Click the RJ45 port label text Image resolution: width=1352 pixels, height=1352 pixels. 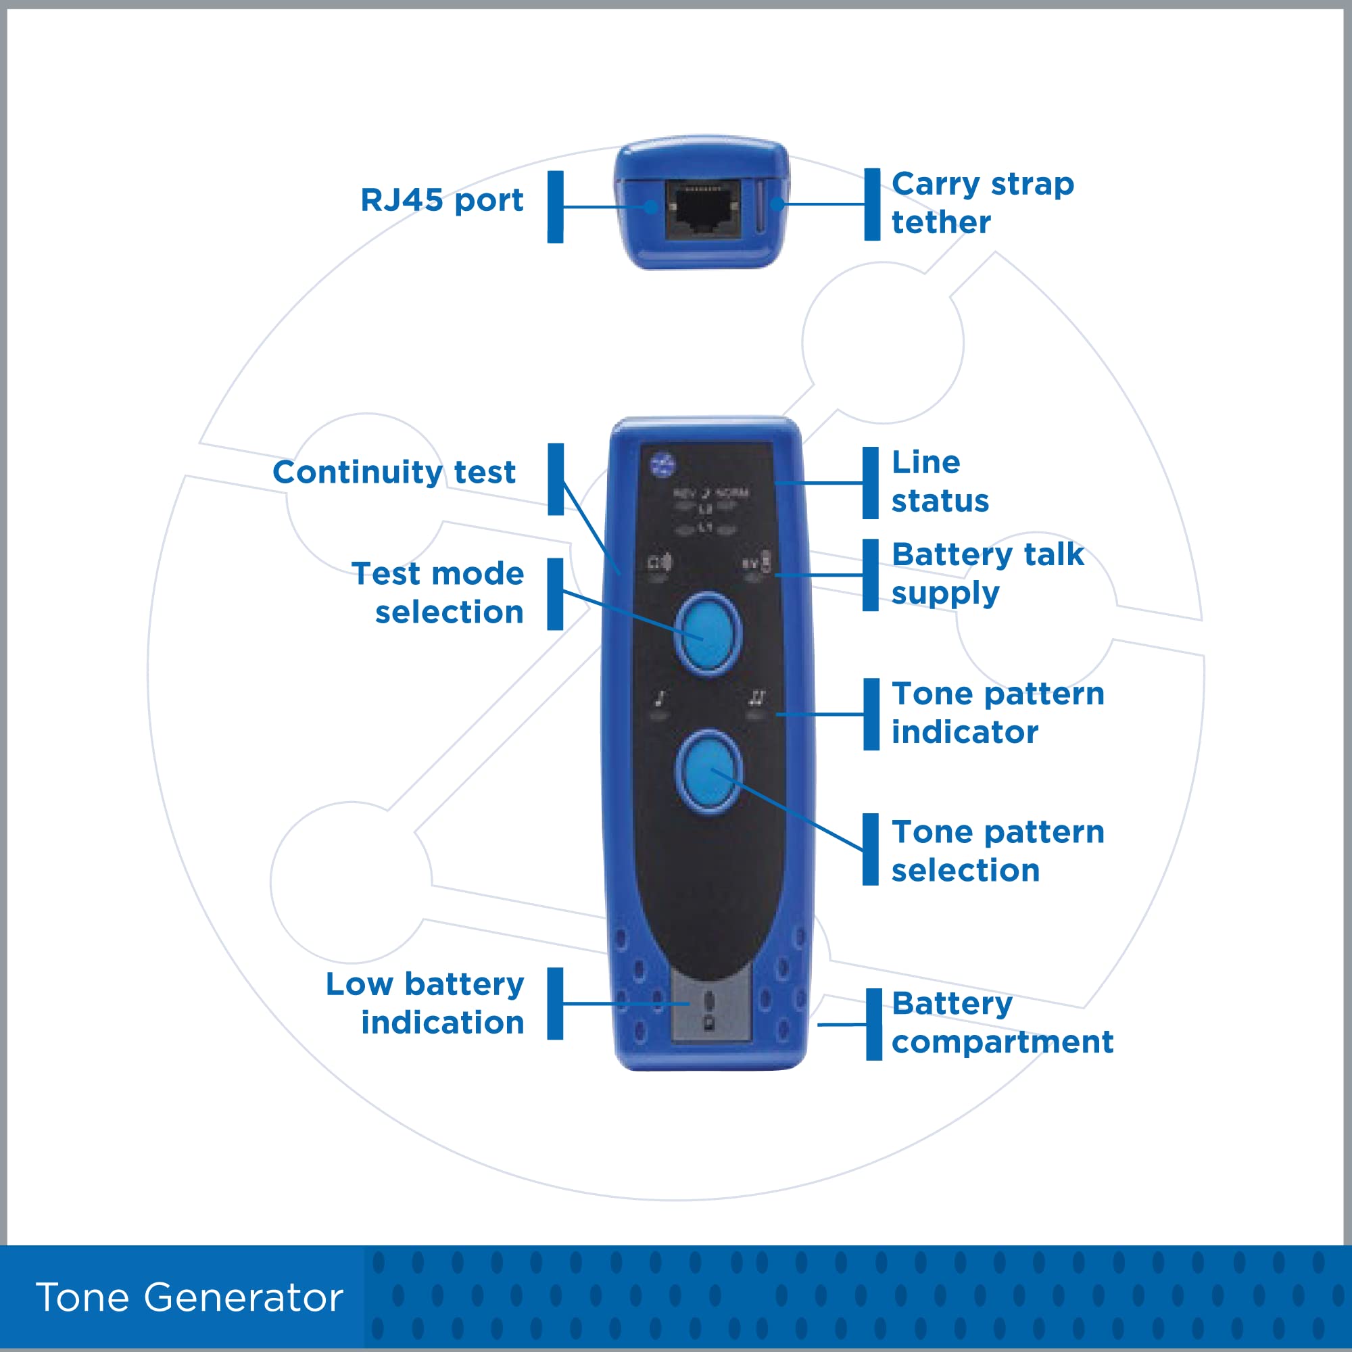pyautogui.click(x=441, y=200)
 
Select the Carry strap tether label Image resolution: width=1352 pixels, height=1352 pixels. pyautogui.click(x=982, y=203)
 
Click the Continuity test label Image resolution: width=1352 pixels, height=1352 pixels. pyautogui.click(x=394, y=473)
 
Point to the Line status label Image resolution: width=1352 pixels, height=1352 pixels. pyautogui.click(x=940, y=481)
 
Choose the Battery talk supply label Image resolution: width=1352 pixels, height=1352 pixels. pyautogui.click(x=988, y=574)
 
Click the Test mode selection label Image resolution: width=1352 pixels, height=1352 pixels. pyautogui.click(x=438, y=593)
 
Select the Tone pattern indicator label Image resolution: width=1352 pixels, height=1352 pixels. pyautogui.click(x=998, y=713)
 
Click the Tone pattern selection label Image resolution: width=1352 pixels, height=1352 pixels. pyautogui.click(x=998, y=851)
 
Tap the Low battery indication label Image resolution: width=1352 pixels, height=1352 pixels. pyautogui.click(x=425, y=1003)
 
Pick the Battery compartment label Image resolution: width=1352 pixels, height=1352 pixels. pyautogui.click(x=1002, y=1022)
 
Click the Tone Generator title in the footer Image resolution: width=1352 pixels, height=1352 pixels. pyautogui.click(x=189, y=1297)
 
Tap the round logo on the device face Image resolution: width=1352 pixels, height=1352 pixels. pyautogui.click(x=662, y=464)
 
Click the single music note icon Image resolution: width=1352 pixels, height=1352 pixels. pyautogui.click(x=659, y=698)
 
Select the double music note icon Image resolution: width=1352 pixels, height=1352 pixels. pyautogui.click(x=756, y=697)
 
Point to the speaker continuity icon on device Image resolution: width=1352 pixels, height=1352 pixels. pyautogui.click(x=659, y=562)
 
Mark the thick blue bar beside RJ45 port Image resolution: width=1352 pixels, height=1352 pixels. pyautogui.click(x=556, y=207)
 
